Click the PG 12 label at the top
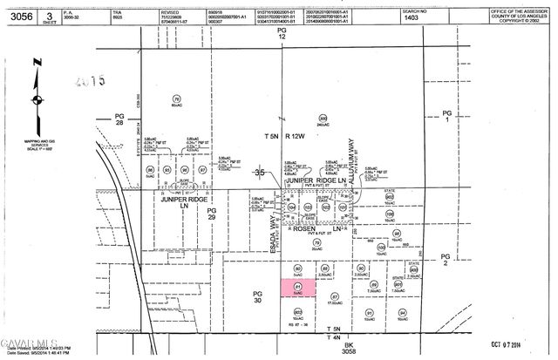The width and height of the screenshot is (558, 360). [x=282, y=34]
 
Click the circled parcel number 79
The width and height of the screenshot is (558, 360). [x=177, y=98]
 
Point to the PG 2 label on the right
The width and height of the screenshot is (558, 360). [x=446, y=259]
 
